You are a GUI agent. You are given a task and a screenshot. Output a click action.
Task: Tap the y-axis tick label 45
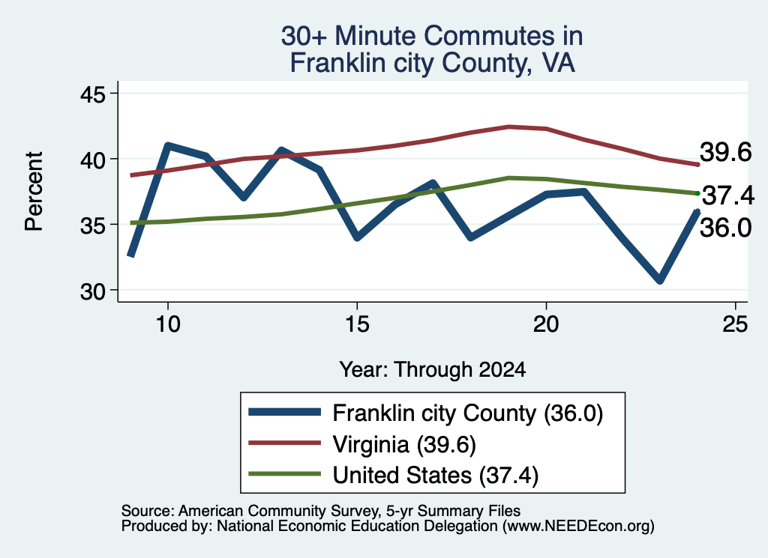[93, 94]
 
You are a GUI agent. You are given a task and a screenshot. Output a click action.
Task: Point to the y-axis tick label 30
[93, 291]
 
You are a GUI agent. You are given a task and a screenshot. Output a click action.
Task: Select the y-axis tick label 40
[93, 160]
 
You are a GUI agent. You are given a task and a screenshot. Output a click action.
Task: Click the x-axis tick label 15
[357, 324]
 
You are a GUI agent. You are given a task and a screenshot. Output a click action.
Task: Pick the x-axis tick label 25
[735, 324]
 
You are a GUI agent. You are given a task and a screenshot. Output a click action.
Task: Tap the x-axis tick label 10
[168, 324]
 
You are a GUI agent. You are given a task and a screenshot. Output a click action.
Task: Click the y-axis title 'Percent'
[34, 191]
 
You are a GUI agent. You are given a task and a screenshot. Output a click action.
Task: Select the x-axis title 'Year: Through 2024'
[433, 370]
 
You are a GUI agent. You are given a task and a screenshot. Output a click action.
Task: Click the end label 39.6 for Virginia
[725, 152]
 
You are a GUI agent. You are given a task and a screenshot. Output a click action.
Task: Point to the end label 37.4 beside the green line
[728, 195]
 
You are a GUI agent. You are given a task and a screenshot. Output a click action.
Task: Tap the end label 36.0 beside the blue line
[725, 228]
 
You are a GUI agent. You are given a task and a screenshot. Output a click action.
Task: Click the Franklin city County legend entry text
[468, 413]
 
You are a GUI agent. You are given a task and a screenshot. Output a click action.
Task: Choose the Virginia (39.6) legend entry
[404, 445]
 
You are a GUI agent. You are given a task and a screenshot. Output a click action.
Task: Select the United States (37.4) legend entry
[436, 476]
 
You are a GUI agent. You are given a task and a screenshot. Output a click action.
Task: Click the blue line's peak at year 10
[168, 146]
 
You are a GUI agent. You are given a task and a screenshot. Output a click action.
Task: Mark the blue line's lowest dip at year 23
[660, 279]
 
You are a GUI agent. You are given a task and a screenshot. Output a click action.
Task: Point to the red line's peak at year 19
[508, 127]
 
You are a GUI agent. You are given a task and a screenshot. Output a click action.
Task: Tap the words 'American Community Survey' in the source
[278, 511]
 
